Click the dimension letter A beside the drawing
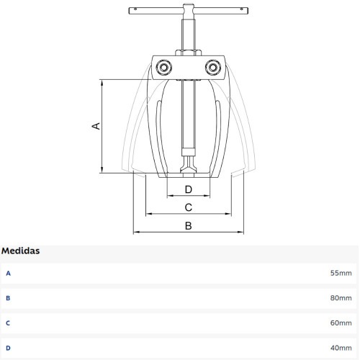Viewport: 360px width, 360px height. [x=96, y=126]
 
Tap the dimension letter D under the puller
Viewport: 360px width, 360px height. [x=189, y=189]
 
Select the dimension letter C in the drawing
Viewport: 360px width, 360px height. [x=189, y=207]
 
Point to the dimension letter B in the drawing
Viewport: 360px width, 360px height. [x=189, y=226]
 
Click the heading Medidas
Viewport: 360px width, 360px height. [x=21, y=251]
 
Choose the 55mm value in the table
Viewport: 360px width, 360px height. [x=341, y=273]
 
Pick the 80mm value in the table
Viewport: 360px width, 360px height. [x=341, y=298]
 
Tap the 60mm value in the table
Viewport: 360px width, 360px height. [x=341, y=323]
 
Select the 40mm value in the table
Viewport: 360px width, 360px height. [x=341, y=348]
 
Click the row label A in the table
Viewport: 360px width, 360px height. [x=8, y=274]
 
